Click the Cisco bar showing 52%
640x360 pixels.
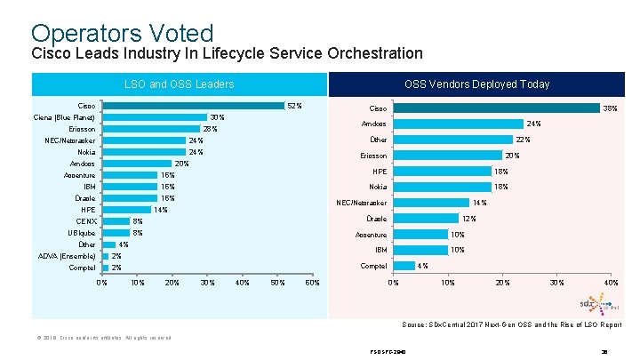(x=193, y=107)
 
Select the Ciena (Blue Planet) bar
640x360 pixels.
(x=155, y=117)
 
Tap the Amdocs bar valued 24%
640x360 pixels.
(x=458, y=124)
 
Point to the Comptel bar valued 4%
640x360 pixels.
(x=404, y=266)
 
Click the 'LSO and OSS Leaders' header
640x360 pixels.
(x=179, y=84)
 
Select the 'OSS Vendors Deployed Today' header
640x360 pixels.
(x=476, y=84)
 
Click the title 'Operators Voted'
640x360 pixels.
(x=122, y=33)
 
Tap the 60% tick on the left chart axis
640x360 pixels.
(x=312, y=283)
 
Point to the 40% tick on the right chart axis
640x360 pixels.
(x=611, y=283)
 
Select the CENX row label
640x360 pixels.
(x=86, y=221)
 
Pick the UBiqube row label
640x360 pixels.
(x=82, y=233)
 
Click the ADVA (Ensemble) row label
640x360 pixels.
(x=67, y=256)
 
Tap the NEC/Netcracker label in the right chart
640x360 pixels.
(x=362, y=204)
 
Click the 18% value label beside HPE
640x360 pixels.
(x=501, y=172)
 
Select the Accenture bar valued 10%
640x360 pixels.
(x=420, y=235)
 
